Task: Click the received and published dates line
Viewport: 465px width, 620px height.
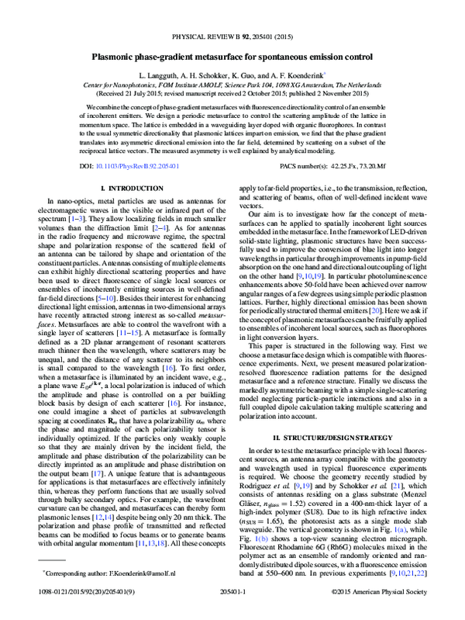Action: pos(232,93)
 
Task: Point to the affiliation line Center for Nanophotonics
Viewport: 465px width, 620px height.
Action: pos(232,85)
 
